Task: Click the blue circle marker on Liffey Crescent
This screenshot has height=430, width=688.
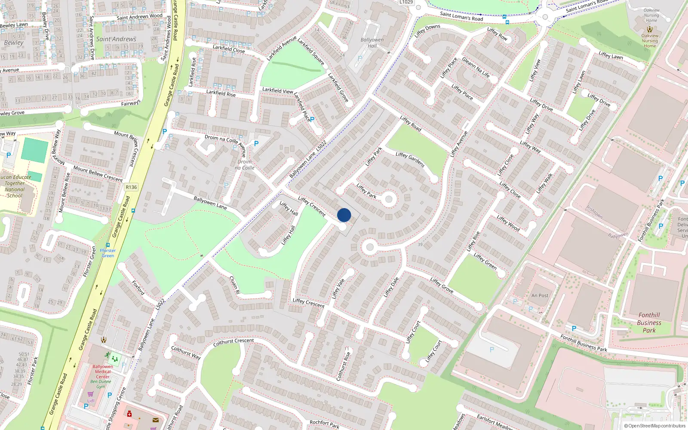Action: (x=344, y=215)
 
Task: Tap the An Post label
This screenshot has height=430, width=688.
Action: (x=540, y=295)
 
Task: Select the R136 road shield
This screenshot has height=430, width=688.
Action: (x=131, y=187)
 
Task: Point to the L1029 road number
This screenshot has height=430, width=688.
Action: (x=406, y=2)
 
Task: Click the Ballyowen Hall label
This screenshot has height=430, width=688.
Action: (x=372, y=43)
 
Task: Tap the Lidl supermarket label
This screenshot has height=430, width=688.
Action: (x=91, y=401)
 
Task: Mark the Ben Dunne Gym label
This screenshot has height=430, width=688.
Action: (x=101, y=384)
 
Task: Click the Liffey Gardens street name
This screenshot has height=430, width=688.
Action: (x=410, y=160)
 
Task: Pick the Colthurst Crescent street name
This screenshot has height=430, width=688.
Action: (x=233, y=342)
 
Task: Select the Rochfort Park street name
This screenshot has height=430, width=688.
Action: (x=324, y=424)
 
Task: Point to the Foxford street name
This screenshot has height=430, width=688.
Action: (x=138, y=288)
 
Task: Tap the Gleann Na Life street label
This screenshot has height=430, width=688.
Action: (x=476, y=68)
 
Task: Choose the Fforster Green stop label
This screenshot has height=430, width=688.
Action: (x=108, y=253)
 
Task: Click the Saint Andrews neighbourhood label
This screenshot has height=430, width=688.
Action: (x=116, y=39)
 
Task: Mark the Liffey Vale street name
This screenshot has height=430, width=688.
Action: (x=338, y=288)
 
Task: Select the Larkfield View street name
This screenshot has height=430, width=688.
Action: (x=278, y=90)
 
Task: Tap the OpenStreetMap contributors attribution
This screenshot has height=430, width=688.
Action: (x=655, y=426)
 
